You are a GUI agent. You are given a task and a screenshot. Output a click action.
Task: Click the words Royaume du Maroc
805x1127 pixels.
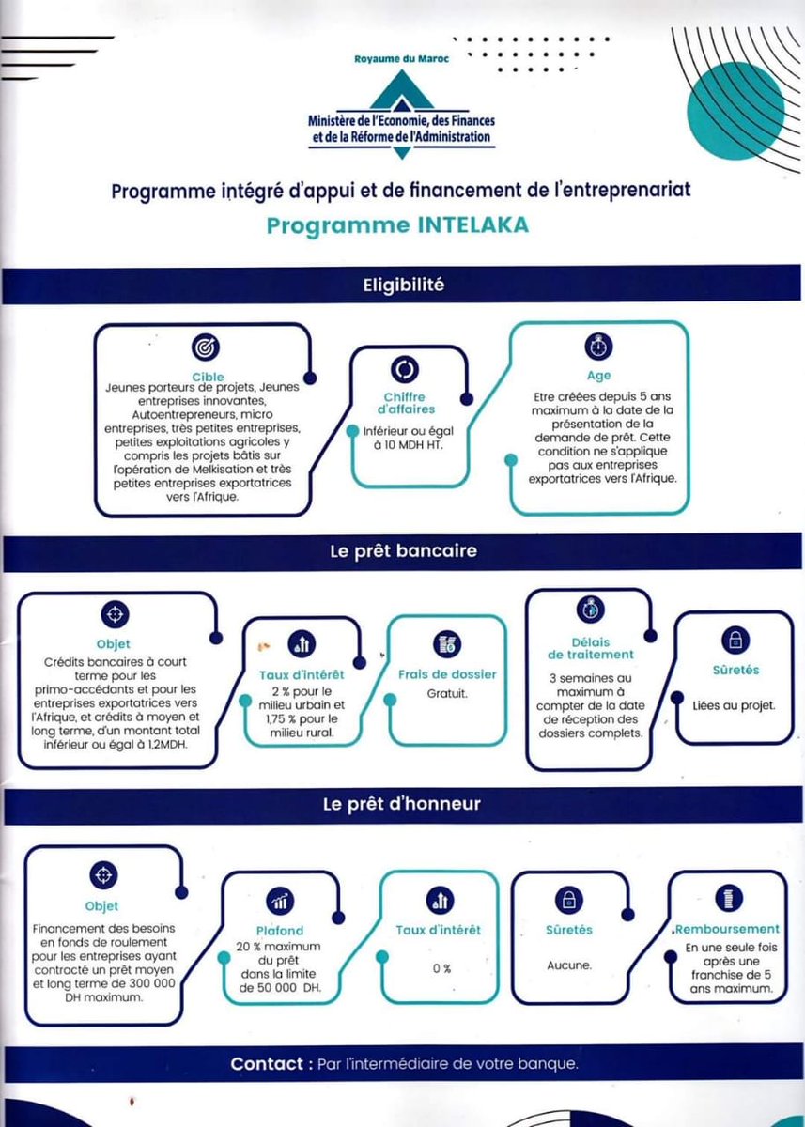tap(401, 59)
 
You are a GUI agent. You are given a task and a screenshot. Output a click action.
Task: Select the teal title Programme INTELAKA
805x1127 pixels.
tap(397, 226)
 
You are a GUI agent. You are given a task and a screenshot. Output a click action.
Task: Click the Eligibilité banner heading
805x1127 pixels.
tap(404, 286)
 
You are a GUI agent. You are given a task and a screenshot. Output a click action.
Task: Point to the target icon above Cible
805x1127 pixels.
tap(206, 347)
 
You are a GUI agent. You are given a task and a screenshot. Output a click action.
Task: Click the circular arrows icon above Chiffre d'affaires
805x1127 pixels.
tap(405, 370)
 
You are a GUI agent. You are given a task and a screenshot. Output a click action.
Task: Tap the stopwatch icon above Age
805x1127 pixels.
tap(598, 347)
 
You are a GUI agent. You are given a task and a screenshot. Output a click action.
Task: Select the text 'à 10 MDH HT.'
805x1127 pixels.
tap(408, 445)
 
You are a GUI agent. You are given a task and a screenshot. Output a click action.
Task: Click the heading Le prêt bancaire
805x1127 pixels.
tap(404, 551)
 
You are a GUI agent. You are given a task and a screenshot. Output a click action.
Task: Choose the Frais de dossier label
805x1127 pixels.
tap(447, 674)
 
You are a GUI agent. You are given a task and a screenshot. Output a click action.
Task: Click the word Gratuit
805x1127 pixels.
tap(447, 694)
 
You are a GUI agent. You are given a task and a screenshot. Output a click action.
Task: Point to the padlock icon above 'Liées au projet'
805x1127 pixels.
tap(735, 640)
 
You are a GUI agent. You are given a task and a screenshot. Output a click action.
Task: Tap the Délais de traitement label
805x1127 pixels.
tap(591, 649)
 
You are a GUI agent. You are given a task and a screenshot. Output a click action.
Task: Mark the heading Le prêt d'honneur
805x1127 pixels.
tap(401, 804)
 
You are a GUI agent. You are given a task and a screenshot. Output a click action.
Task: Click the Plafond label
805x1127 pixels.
tap(280, 931)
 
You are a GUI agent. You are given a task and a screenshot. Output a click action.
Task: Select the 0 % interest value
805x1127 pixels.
tap(441, 968)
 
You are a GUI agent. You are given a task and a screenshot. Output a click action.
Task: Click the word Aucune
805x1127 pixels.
tap(569, 965)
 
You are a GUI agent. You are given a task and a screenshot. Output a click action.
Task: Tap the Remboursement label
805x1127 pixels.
tap(726, 929)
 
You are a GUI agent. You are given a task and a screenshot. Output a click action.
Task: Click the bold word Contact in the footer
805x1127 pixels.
tap(267, 1064)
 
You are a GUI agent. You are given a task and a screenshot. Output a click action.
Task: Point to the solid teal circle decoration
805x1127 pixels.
tap(735, 111)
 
